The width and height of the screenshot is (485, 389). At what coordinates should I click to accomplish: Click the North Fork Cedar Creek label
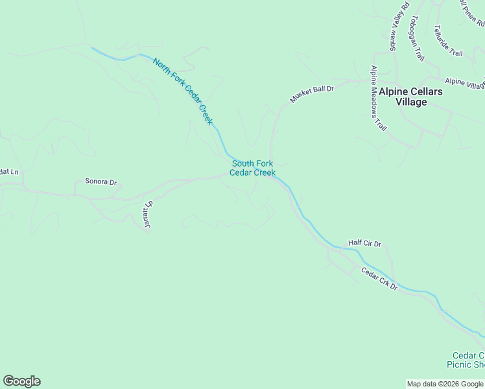pos(183,91)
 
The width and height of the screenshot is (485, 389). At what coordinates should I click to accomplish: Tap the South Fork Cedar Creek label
pos(253,169)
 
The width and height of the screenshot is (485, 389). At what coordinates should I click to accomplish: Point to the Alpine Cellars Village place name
pos(411,97)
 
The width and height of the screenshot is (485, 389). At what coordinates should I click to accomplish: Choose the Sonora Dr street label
pos(101,183)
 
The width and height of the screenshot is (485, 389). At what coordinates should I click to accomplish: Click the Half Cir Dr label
pos(365,243)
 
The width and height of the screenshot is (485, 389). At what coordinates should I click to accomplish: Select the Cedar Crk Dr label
pos(379,278)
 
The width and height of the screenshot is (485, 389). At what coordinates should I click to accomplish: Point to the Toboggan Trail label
pos(416,38)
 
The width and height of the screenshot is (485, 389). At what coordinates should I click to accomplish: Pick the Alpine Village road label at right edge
pos(465,84)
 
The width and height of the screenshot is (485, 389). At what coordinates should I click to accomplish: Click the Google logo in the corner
pos(21,381)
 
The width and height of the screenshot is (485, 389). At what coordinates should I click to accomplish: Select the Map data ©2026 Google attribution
pos(445,384)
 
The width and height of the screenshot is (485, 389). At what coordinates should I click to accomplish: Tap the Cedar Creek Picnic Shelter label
pos(468,360)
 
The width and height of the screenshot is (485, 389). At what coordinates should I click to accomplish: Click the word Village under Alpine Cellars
pos(411,102)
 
